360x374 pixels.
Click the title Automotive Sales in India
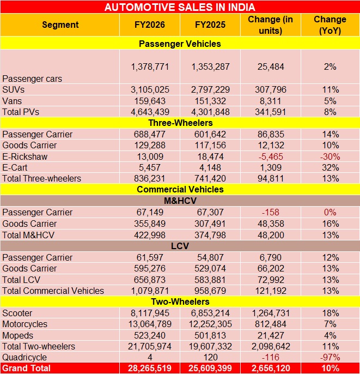click(180, 7)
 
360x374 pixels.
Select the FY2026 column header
click(150, 25)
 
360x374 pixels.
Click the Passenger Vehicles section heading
click(180, 43)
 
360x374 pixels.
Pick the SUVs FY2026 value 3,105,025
click(150, 89)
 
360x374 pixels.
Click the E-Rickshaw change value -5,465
click(271, 156)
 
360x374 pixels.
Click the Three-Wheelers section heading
click(180, 123)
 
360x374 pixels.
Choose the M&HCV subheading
click(180, 201)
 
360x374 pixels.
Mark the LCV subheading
click(180, 246)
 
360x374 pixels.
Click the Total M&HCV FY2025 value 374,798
click(210, 234)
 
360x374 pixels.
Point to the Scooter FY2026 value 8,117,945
click(150, 313)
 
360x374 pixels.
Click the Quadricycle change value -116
click(271, 357)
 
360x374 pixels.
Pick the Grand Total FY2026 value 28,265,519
click(150, 368)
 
